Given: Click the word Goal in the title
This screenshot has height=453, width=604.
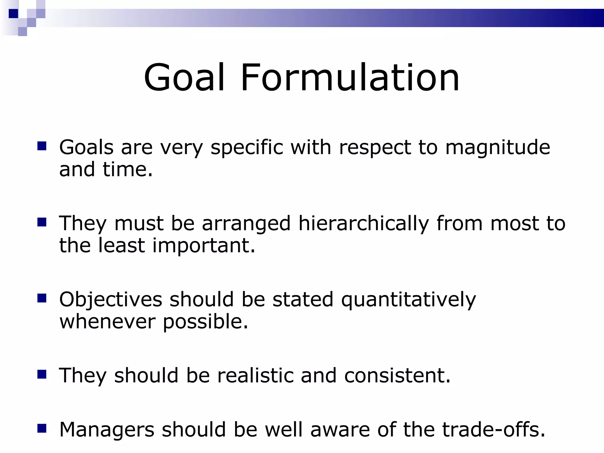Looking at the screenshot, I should [x=184, y=78].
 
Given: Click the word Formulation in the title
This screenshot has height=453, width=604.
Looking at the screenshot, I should [x=350, y=78].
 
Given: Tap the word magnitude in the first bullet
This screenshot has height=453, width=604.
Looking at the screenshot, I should [x=498, y=147].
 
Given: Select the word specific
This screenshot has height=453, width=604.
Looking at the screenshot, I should [x=247, y=147].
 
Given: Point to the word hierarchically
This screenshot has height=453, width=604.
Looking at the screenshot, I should [x=363, y=223].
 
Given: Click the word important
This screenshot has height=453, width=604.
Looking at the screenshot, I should [x=203, y=245].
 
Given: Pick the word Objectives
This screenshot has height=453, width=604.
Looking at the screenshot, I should [x=111, y=300].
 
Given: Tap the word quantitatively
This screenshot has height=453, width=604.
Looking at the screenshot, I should [x=408, y=300].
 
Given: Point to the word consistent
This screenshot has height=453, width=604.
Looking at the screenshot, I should [x=397, y=375].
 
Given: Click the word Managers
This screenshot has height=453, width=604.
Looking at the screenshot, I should [x=107, y=429].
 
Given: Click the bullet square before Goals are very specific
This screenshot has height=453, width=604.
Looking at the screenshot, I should [x=42, y=146].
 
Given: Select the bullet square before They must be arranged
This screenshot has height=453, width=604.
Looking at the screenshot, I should [x=42, y=222].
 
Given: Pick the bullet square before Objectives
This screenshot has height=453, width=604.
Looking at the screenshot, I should [x=42, y=298].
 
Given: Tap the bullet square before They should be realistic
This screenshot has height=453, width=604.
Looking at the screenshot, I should [x=42, y=374].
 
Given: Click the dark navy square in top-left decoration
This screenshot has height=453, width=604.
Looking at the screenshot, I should [x=13, y=14].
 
